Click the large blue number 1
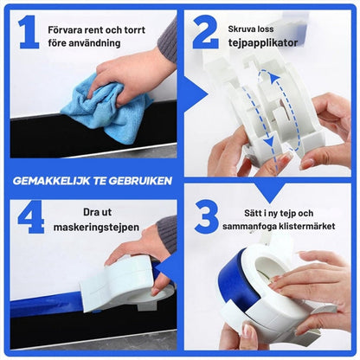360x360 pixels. (x=29, y=32)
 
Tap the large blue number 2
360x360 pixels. (x=205, y=32)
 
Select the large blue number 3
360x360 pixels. (x=206, y=217)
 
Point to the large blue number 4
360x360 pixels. (x=31, y=217)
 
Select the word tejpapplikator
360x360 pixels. (x=263, y=43)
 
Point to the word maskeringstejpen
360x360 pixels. (x=96, y=227)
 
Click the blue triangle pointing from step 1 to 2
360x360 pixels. (x=196, y=94)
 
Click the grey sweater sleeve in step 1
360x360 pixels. (x=168, y=41)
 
